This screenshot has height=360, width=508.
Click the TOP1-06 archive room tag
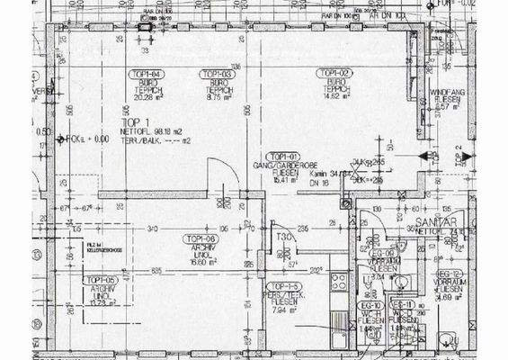[x=199, y=238]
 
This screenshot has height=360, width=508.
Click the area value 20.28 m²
[x=145, y=98]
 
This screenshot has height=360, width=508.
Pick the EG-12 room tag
[x=449, y=274]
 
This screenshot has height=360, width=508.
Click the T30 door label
[x=284, y=237]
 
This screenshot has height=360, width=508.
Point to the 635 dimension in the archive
[x=156, y=270]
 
